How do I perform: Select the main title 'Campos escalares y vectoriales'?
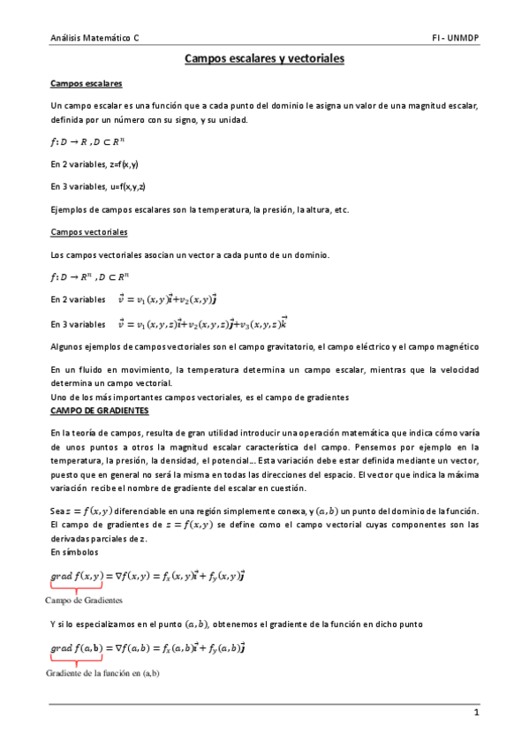[x=264, y=59]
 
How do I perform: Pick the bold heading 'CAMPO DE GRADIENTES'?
[x=100, y=412]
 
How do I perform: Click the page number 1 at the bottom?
[x=476, y=712]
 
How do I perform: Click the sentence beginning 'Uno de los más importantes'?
[x=200, y=397]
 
